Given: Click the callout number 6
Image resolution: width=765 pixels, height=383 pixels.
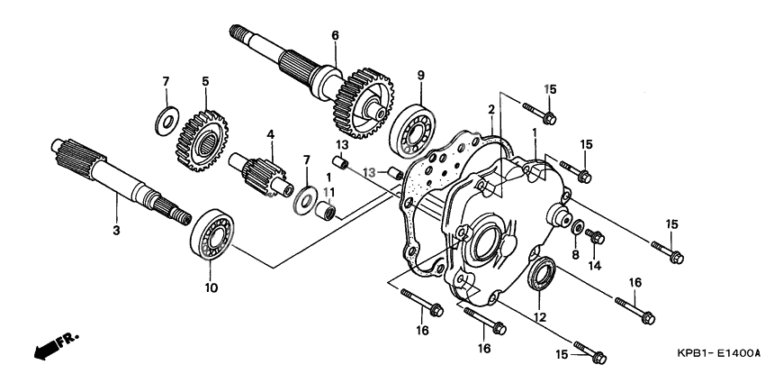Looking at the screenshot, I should tap(335, 36).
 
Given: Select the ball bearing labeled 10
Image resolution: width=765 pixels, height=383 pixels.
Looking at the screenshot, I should tap(212, 237).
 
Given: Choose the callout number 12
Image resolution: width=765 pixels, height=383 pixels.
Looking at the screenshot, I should tap(540, 316).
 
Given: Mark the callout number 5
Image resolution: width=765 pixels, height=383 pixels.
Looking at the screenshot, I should tap(205, 82).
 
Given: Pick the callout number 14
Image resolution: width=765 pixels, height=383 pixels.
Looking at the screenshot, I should tap(594, 267).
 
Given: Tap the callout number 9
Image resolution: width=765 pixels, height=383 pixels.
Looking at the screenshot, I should tap(419, 72).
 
